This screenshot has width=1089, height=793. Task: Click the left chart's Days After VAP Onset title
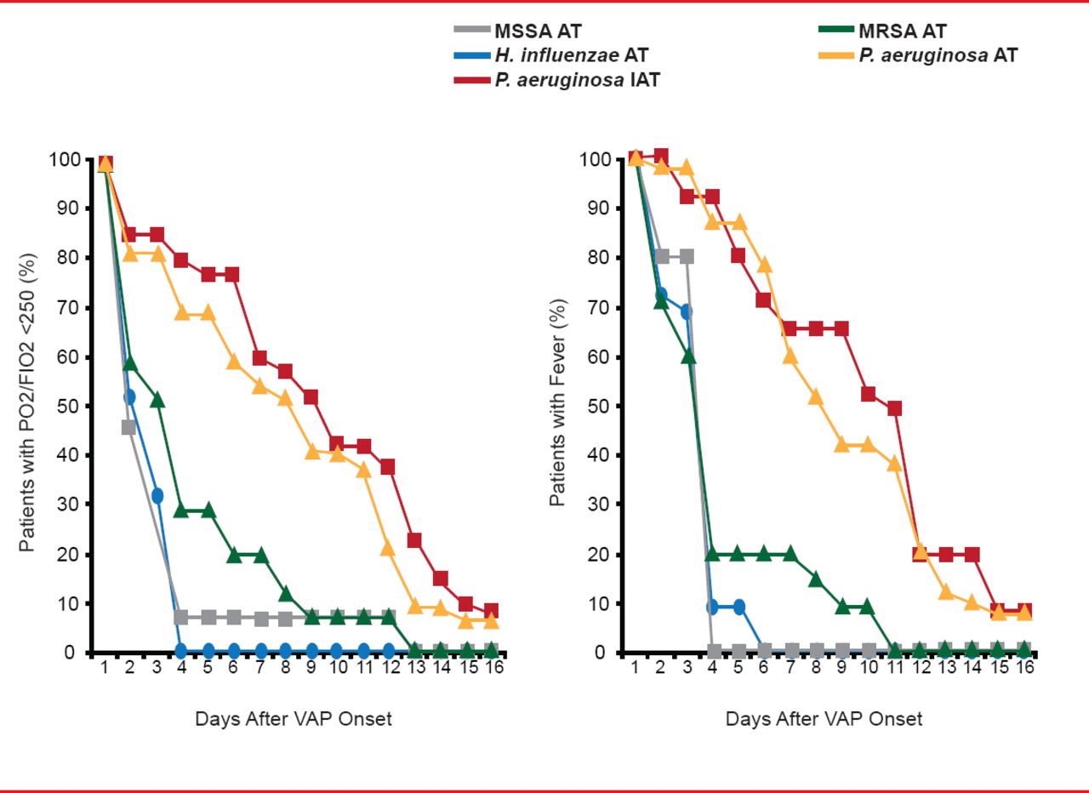coord(294,719)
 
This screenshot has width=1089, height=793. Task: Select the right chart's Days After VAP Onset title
coord(824,719)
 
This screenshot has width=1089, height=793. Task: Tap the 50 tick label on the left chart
coord(70,406)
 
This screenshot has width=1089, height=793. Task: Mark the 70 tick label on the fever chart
coord(600,307)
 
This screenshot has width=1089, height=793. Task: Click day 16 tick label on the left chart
coord(493,667)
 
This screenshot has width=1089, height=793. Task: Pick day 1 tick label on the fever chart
coord(635,667)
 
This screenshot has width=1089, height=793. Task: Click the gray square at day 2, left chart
coord(129,427)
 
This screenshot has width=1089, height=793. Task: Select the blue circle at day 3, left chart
coord(157,495)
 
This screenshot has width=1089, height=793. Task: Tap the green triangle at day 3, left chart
coord(157,399)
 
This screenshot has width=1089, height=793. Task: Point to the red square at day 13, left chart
coord(415,540)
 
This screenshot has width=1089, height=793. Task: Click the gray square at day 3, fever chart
coord(687,256)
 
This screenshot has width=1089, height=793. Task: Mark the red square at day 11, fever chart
coord(894,408)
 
